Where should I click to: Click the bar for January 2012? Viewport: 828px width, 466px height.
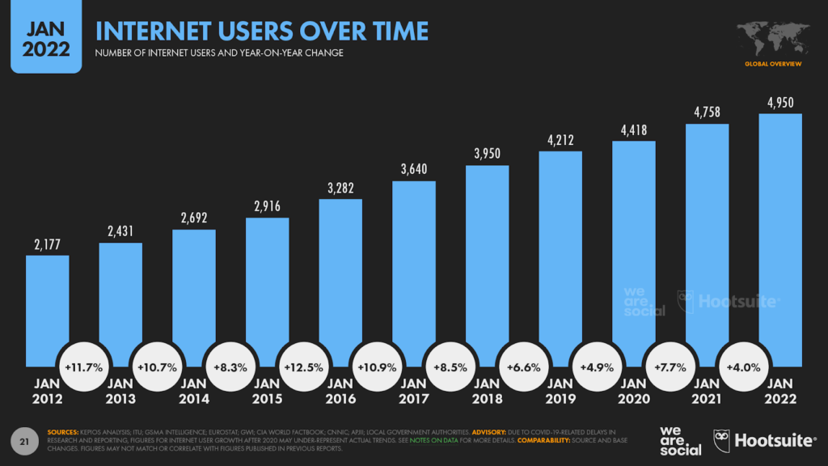coord(47,307)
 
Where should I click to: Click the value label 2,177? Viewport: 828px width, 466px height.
coord(47,244)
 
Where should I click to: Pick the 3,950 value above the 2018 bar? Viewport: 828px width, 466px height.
coord(487,154)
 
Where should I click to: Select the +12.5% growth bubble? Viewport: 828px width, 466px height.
coord(303,366)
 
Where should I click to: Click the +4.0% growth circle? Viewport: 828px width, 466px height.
coord(743,366)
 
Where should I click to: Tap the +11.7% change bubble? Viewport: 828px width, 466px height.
coord(83,366)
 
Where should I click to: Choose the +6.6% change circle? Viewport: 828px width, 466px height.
coord(523,366)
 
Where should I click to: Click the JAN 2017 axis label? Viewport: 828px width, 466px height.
coord(413,392)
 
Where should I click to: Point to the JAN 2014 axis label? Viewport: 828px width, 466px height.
coord(193,392)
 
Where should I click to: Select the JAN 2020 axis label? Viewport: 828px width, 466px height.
coord(633,392)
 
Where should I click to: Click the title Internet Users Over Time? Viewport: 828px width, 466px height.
coord(262,32)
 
